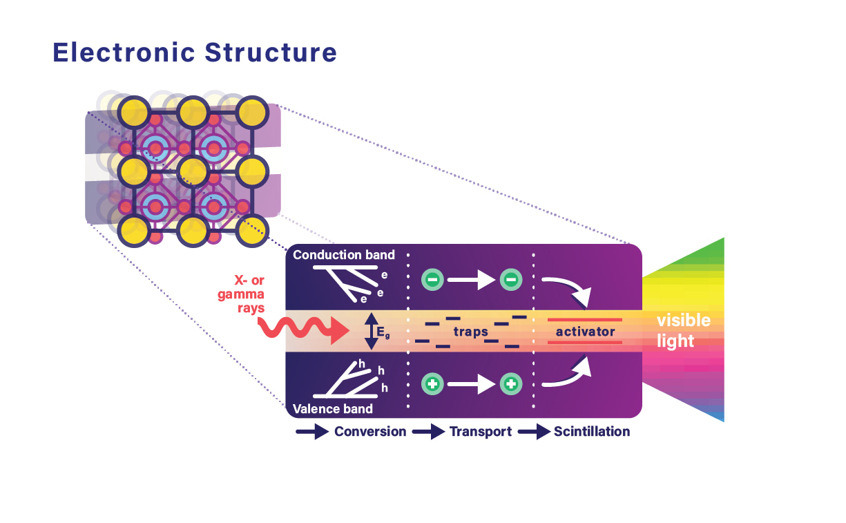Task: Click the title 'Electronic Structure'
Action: (x=195, y=53)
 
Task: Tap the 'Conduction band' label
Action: (x=344, y=255)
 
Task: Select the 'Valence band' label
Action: (x=333, y=408)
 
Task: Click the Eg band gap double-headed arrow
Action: (x=372, y=331)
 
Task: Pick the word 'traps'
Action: (x=470, y=332)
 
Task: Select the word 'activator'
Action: (x=585, y=332)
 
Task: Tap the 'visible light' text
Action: (x=682, y=330)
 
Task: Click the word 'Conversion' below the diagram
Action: (x=370, y=432)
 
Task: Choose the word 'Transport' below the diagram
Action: (x=481, y=432)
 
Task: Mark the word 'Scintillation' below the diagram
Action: (x=592, y=432)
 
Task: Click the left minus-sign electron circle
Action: (x=433, y=280)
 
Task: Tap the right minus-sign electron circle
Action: (x=511, y=280)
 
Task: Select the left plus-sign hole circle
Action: (x=433, y=383)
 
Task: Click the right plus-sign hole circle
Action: (x=511, y=383)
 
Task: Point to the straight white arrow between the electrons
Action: (x=472, y=280)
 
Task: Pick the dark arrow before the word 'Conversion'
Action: (x=311, y=432)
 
